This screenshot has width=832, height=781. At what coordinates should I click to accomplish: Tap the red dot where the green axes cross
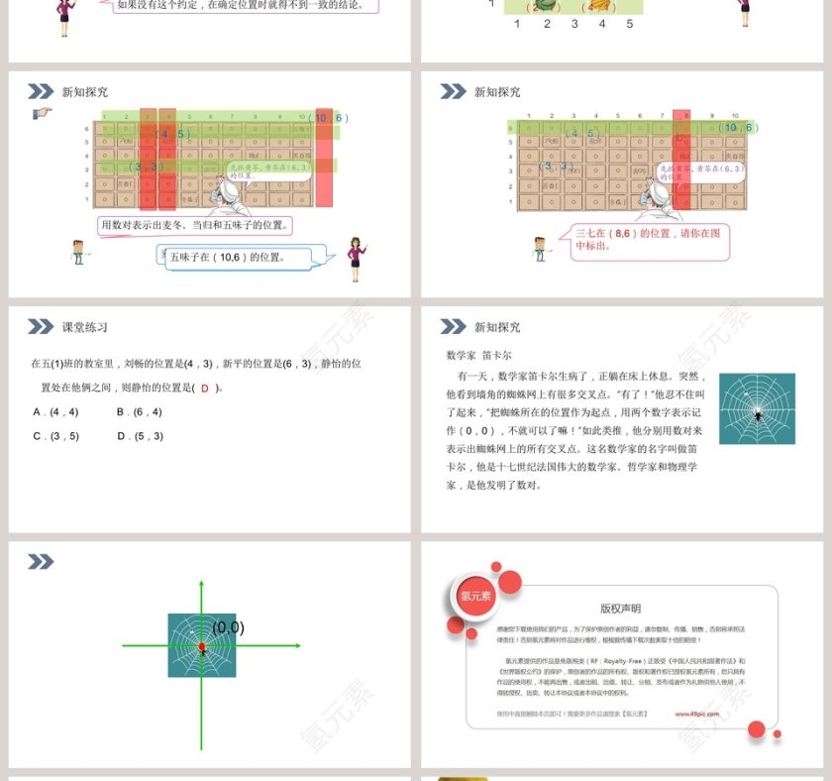click(x=202, y=647)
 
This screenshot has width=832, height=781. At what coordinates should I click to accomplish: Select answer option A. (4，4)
click(x=55, y=411)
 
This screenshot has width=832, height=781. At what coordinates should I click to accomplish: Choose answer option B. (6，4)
click(x=139, y=411)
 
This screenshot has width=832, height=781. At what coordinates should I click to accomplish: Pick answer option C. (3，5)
click(x=55, y=436)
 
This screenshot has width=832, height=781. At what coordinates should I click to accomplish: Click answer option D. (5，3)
click(x=140, y=436)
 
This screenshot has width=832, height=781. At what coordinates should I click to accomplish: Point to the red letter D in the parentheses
click(x=205, y=389)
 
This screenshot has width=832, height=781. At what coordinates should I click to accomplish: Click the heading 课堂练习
click(x=84, y=327)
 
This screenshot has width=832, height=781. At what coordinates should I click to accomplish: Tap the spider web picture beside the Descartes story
click(x=757, y=408)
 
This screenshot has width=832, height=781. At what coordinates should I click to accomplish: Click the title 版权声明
click(x=620, y=609)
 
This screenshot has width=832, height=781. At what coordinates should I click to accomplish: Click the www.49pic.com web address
click(x=697, y=713)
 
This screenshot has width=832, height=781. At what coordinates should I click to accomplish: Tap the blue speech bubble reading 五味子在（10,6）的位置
click(x=238, y=258)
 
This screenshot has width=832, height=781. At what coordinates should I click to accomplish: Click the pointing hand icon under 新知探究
click(x=43, y=114)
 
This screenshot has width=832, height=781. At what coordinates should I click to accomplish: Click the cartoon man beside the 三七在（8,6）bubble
click(x=540, y=249)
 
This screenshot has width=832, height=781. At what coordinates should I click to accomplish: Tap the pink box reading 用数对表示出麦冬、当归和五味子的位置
click(x=197, y=225)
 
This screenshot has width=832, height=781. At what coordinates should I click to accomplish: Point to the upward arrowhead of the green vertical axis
click(x=202, y=585)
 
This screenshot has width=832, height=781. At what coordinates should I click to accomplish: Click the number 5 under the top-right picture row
click(x=629, y=24)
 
